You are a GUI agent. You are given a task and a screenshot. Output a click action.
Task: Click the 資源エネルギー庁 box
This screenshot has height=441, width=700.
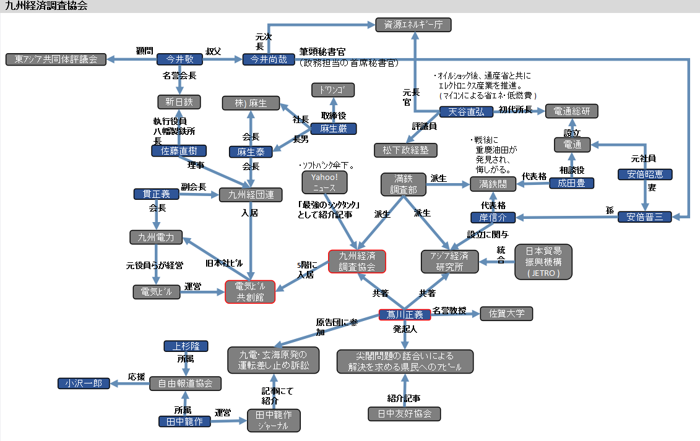pyautogui.click(x=413, y=25)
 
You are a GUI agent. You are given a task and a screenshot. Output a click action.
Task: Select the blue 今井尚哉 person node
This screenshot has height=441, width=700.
pyautogui.click(x=264, y=59)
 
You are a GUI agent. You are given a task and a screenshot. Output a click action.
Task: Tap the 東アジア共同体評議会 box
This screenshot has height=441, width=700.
pyautogui.click(x=56, y=59)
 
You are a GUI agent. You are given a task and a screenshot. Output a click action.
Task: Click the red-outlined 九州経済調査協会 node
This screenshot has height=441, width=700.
pyautogui.click(x=356, y=261)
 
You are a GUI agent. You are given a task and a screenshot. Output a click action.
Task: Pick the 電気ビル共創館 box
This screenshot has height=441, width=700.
pyautogui.click(x=249, y=291)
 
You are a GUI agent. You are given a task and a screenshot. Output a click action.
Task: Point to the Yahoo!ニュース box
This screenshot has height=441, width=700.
pyautogui.click(x=324, y=182)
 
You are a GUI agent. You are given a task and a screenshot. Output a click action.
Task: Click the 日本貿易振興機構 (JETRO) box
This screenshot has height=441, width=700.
pyautogui.click(x=543, y=262)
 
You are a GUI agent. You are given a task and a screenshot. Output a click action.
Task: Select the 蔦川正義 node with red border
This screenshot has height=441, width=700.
pyautogui.click(x=405, y=315)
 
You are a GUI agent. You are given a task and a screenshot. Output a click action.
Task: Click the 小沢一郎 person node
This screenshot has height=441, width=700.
pyautogui.click(x=84, y=383)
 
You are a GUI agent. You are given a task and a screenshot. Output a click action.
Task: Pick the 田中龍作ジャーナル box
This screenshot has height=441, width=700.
pyautogui.click(x=274, y=420)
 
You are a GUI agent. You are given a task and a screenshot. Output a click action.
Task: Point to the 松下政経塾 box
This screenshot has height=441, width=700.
pyautogui.click(x=405, y=150)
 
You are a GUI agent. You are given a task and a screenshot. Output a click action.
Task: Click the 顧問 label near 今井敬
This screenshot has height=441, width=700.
pyautogui.click(x=144, y=51)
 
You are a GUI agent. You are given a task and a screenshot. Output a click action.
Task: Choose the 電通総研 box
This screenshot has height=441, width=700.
pyautogui.click(x=572, y=111)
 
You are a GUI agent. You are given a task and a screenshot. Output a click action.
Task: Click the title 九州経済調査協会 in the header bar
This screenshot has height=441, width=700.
pyautogui.click(x=46, y=6)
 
